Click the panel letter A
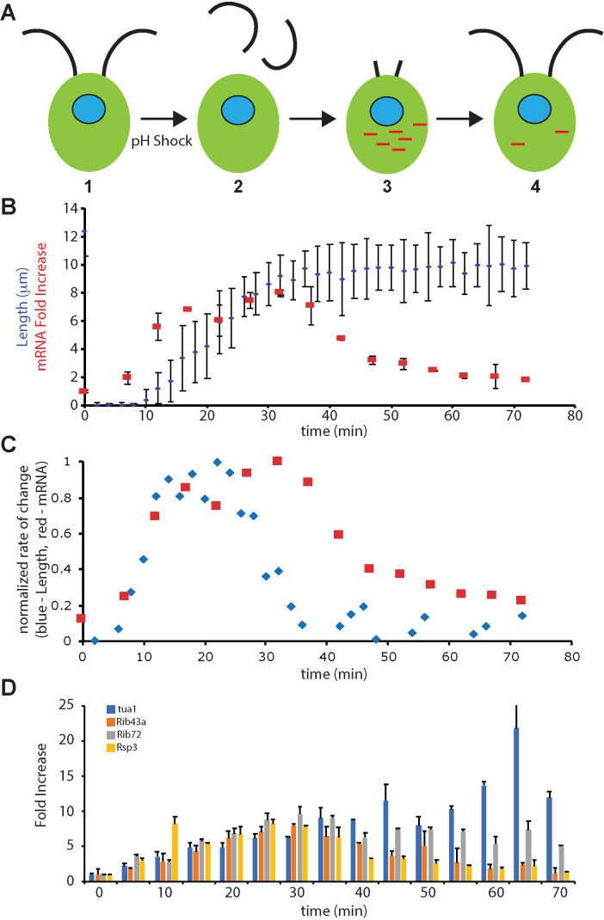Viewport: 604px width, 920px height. click(9, 12)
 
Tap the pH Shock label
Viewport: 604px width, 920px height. click(162, 141)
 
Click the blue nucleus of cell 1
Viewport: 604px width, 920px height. click(89, 109)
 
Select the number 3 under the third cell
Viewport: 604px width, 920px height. click(387, 187)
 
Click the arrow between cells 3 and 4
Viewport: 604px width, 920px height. click(459, 120)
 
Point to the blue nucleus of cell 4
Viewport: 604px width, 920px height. click(534, 108)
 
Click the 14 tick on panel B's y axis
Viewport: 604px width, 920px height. click(71, 208)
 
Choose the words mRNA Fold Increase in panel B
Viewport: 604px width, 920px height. click(41, 307)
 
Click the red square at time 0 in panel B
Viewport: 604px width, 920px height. click(83, 390)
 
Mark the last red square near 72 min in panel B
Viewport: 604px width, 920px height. click(526, 379)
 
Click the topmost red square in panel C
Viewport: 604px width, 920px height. click(278, 461)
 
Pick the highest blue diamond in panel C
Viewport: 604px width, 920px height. click(217, 463)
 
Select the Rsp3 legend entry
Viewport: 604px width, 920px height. click(122, 747)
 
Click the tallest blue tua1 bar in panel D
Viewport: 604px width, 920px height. click(516, 805)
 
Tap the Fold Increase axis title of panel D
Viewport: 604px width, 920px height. click(41, 785)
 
